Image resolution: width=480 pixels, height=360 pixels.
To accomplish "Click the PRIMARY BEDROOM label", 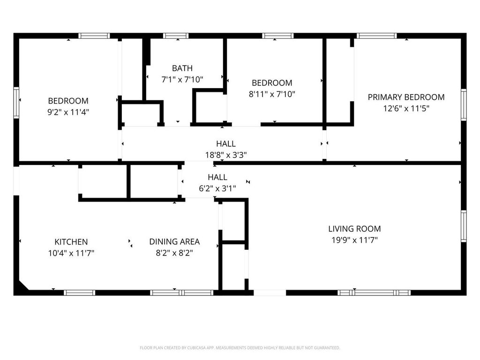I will [x=406, y=97].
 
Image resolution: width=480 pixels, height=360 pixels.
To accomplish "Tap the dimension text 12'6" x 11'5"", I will [x=406, y=108].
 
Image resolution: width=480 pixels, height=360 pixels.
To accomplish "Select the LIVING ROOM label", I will [x=354, y=229].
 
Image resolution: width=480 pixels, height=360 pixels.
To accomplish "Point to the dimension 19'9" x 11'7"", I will [x=354, y=240].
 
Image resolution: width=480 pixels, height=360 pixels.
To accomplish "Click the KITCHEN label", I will [x=71, y=242].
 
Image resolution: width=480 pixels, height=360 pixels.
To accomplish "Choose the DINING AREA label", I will [x=174, y=242].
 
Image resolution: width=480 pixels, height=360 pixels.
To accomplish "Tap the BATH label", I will [x=182, y=68].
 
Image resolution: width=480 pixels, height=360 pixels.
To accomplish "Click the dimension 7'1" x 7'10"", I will [x=182, y=79].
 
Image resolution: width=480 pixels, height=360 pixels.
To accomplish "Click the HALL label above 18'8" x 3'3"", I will [x=226, y=144].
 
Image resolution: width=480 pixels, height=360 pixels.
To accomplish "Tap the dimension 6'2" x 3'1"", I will [x=217, y=188].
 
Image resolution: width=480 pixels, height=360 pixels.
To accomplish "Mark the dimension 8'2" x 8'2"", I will [x=174, y=253].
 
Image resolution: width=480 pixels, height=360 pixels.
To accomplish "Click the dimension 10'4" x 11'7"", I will [x=71, y=253].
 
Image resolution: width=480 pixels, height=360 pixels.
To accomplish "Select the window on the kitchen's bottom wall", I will [x=79, y=292].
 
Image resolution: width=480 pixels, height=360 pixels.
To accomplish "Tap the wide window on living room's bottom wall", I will [x=374, y=292].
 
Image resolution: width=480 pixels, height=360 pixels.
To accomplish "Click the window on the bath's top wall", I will [x=176, y=36].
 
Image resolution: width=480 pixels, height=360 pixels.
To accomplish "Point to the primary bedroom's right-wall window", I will [x=464, y=105].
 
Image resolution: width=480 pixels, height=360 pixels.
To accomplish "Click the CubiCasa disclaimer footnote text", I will [x=240, y=348].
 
